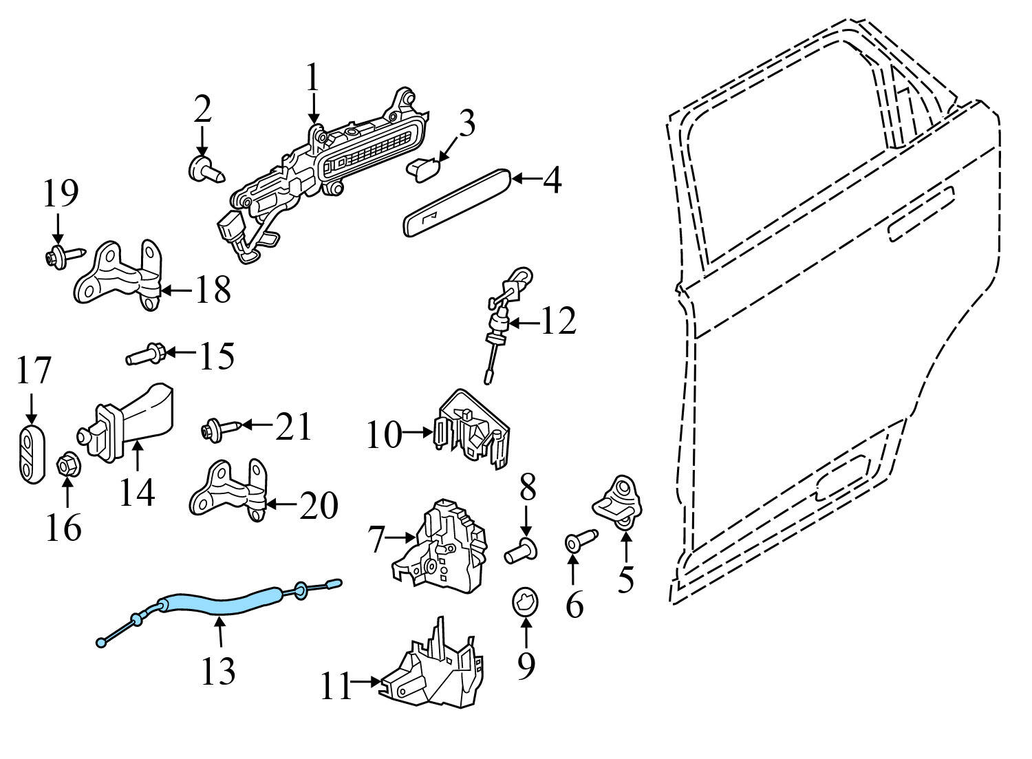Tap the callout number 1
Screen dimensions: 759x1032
click(313, 78)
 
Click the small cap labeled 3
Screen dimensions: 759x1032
click(424, 167)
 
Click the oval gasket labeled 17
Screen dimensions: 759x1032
click(30, 455)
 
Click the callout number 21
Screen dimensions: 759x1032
click(294, 427)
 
